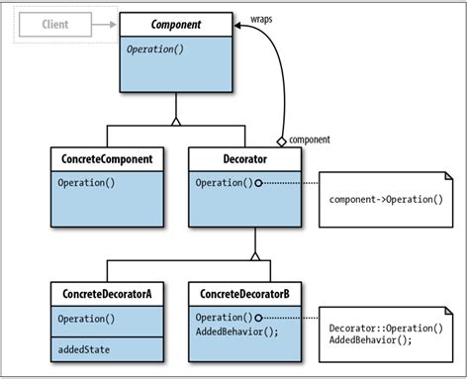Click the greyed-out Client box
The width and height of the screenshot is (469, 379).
(56, 24)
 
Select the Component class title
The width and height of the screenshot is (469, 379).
(176, 22)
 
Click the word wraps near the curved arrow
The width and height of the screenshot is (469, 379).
(261, 18)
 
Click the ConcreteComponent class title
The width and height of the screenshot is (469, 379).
(108, 158)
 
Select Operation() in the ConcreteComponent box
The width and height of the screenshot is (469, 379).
(86, 183)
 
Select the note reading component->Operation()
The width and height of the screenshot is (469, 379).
(386, 199)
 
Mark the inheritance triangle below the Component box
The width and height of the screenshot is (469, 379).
(176, 122)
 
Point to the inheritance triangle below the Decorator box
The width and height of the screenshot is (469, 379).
(255, 255)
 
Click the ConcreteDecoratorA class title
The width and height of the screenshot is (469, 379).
(108, 294)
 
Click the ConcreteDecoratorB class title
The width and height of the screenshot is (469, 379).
(244, 294)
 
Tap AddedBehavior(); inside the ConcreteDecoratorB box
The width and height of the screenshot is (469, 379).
(238, 332)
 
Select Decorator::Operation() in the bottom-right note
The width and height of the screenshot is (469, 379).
(385, 329)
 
